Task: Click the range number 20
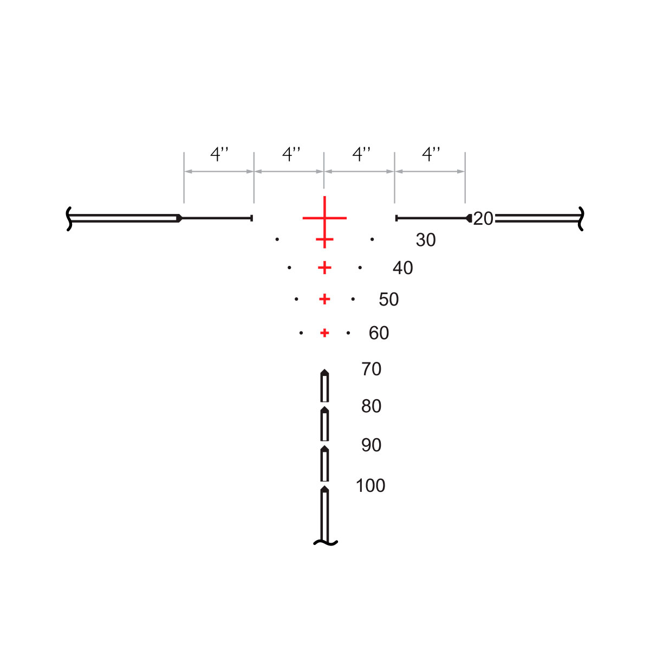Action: pyautogui.click(x=483, y=219)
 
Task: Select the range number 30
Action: pyautogui.click(x=426, y=240)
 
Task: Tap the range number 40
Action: pyautogui.click(x=403, y=268)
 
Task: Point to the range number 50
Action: pyautogui.click(x=388, y=299)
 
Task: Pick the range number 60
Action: pyautogui.click(x=379, y=333)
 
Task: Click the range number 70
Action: pyautogui.click(x=372, y=369)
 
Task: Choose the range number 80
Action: pyautogui.click(x=372, y=406)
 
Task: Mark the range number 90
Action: pyautogui.click(x=372, y=445)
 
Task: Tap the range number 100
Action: pyautogui.click(x=370, y=486)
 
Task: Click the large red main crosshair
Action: pyautogui.click(x=324, y=218)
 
